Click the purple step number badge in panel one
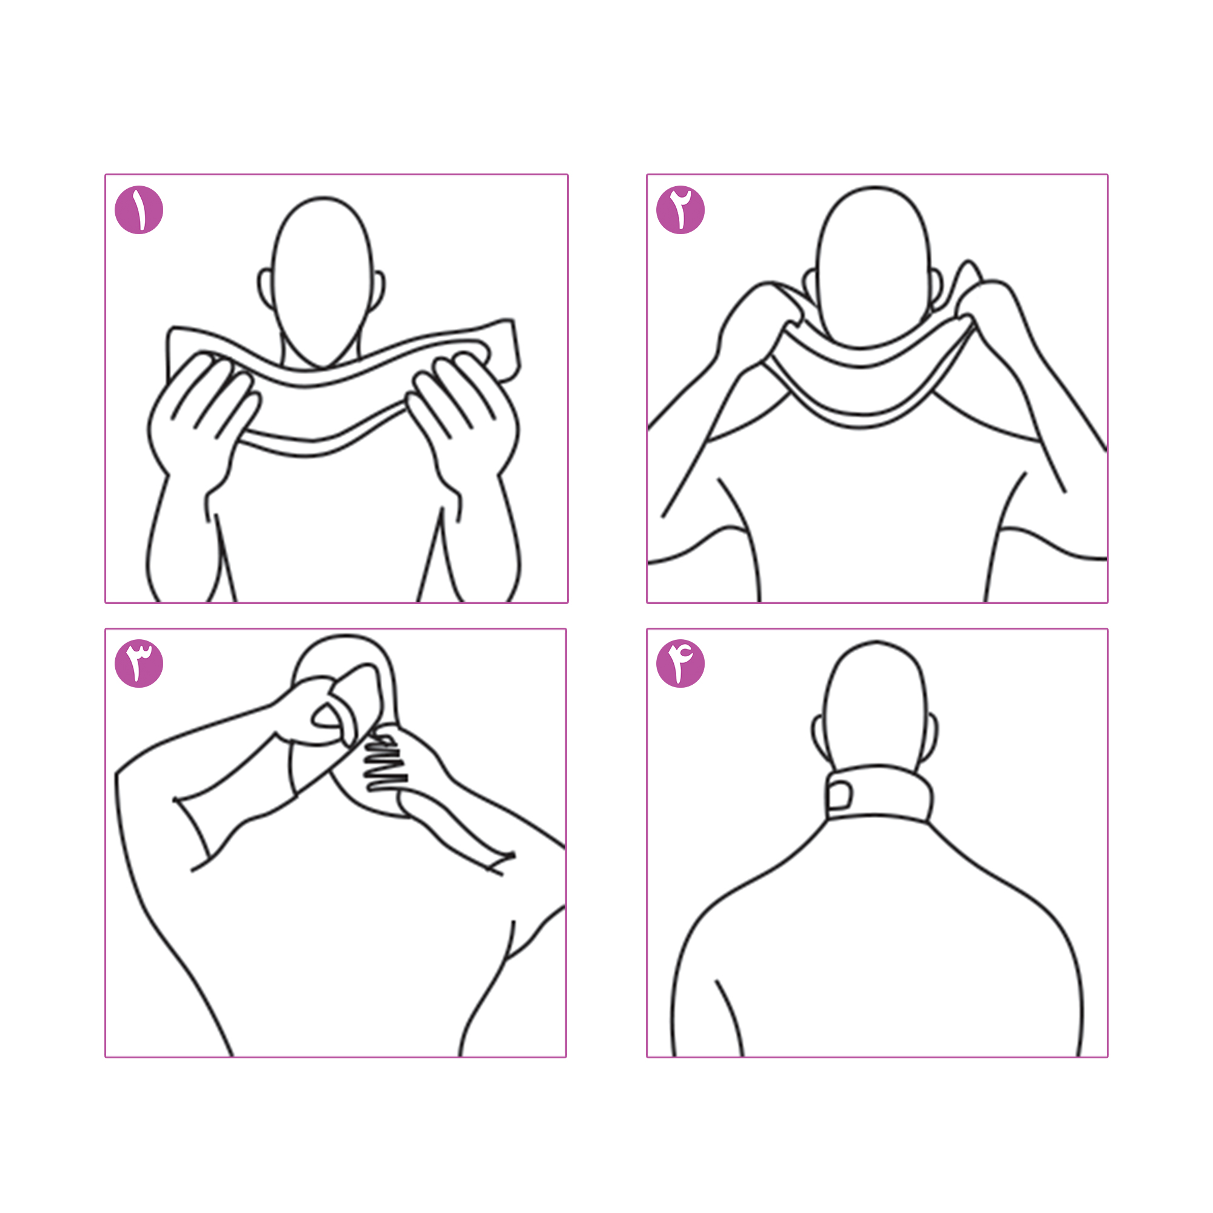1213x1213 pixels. point(139,210)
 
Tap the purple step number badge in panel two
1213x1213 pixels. point(680,210)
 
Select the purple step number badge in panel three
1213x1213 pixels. point(139,664)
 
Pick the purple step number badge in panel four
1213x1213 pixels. point(680,664)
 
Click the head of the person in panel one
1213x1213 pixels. point(323,283)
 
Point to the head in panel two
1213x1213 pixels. point(873,267)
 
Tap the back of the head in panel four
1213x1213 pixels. point(875,707)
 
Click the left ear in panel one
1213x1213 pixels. point(266,289)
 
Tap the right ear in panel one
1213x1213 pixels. point(378,291)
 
